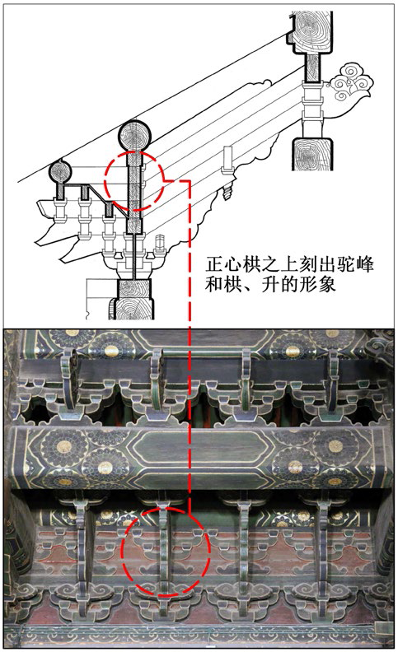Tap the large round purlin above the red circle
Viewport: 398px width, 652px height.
point(134,136)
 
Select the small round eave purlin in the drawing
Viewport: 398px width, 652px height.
point(61,172)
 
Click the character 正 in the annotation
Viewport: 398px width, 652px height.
point(213,265)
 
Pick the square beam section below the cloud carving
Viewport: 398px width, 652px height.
point(312,154)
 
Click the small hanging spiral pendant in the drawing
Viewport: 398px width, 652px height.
point(227,191)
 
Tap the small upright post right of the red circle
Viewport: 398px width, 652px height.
point(227,160)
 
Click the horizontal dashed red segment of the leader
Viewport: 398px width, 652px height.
point(178,181)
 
